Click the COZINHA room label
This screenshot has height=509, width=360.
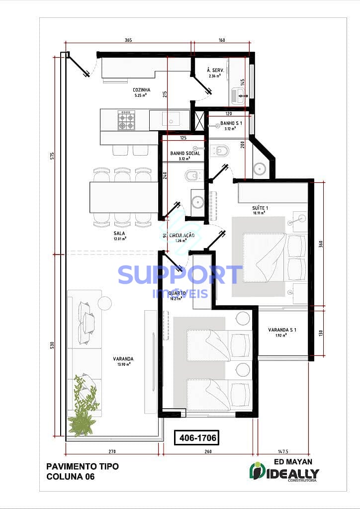[x=142, y=90]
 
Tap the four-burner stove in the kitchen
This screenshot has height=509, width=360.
[x=126, y=120]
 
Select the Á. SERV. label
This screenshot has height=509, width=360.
[x=216, y=71]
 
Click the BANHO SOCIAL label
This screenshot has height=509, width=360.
[x=185, y=153]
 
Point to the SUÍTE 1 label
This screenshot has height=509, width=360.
[x=260, y=207]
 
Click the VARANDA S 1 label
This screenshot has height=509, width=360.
[x=282, y=330]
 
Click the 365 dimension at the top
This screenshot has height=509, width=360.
[x=128, y=40]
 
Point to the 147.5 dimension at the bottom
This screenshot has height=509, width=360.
[x=282, y=451]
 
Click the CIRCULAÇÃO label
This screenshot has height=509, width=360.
[x=181, y=236]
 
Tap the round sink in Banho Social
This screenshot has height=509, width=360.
[x=197, y=202]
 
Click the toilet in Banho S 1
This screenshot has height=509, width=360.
[x=219, y=149]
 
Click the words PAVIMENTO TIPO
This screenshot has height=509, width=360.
[x=83, y=466]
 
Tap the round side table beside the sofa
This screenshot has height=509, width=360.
[x=104, y=303]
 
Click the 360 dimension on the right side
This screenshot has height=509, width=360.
[x=321, y=244]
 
